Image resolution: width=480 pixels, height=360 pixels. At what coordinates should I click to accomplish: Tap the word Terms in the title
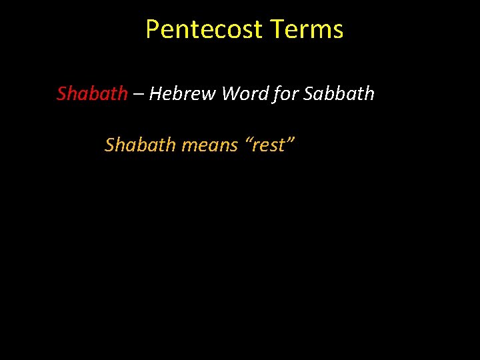click(307, 29)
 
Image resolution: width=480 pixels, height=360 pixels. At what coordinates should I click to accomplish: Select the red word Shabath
click(92, 94)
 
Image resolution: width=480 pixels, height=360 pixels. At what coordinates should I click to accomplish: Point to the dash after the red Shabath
click(138, 95)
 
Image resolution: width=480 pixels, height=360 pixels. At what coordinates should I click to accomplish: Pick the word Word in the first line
click(245, 94)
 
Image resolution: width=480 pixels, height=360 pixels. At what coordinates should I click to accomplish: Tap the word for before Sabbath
click(286, 94)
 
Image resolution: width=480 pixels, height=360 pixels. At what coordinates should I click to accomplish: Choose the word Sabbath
click(339, 94)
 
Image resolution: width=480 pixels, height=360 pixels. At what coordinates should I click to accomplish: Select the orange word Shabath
click(140, 145)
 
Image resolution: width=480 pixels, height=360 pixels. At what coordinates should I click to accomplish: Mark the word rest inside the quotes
click(269, 145)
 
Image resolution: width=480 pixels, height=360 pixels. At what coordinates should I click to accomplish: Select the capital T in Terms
click(278, 29)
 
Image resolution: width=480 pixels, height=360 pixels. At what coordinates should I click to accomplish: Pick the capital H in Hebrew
click(155, 94)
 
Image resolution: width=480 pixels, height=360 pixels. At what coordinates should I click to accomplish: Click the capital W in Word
click(231, 94)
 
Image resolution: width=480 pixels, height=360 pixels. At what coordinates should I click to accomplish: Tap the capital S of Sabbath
click(308, 94)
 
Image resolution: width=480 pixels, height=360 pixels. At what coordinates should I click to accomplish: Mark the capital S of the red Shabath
click(61, 94)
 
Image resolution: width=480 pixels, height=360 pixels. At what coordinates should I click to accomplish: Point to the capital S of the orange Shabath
click(109, 145)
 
